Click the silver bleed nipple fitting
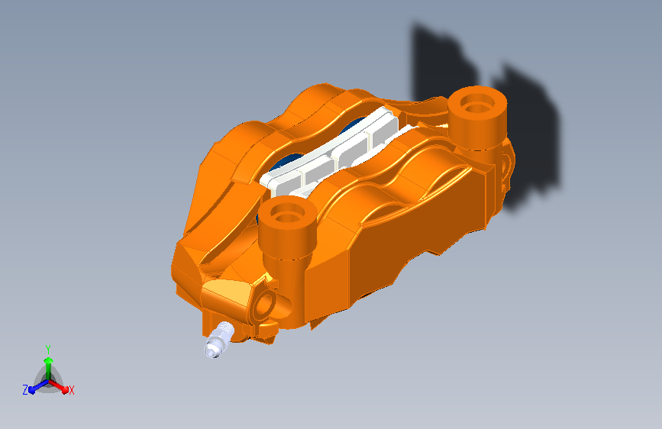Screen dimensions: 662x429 tap(218, 339)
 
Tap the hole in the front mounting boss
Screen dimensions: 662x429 tap(288, 216)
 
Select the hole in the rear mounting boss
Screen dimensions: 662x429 tap(476, 105)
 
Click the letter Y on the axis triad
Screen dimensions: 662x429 tap(48, 349)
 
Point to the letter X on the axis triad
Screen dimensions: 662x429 tap(71, 390)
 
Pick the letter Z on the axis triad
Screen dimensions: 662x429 tap(25, 390)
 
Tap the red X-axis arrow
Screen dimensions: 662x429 tap(59, 385)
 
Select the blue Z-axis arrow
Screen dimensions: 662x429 tap(39, 386)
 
